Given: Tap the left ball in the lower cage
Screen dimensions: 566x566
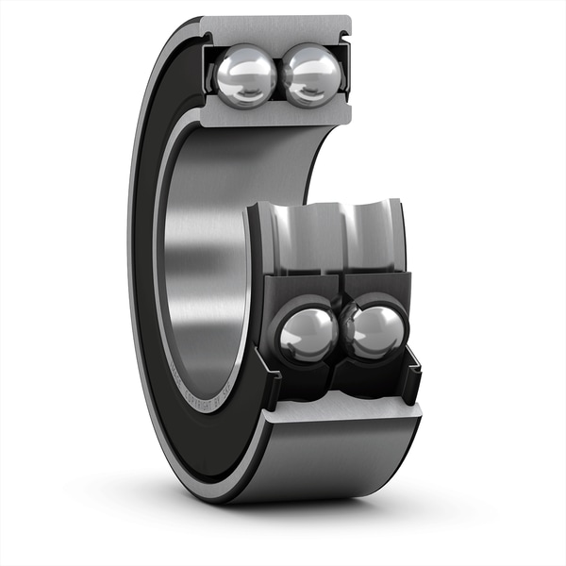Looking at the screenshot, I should pyautogui.click(x=305, y=335).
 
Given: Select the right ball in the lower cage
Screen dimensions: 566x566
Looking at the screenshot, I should pyautogui.click(x=375, y=330).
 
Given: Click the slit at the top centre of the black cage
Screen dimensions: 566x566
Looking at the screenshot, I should pyautogui.click(x=340, y=280).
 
